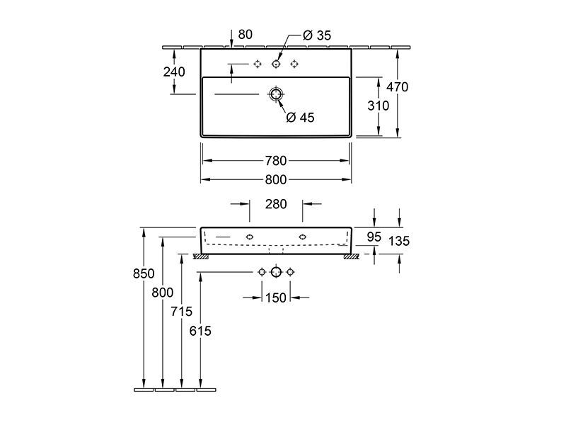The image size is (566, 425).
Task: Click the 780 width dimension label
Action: click(x=276, y=161)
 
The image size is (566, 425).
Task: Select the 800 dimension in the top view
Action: click(x=276, y=180)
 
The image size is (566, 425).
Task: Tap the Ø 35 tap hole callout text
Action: click(x=317, y=35)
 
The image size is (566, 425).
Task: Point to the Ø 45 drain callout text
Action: click(x=300, y=118)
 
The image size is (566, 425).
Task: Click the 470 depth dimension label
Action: click(x=398, y=87)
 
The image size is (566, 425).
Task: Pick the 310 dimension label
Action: click(x=379, y=106)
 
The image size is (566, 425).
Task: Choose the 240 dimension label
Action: click(x=174, y=72)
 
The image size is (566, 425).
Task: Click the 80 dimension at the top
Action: click(x=246, y=35)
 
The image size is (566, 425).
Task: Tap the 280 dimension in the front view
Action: click(x=276, y=204)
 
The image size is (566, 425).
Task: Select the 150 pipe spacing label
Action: click(x=276, y=298)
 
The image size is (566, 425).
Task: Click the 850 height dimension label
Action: click(x=144, y=273)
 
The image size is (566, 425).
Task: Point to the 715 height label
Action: click(x=182, y=312)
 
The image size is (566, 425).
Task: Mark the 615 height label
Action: click(x=200, y=331)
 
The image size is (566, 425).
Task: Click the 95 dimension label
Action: click(x=374, y=237)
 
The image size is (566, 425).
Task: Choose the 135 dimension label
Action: click(x=399, y=241)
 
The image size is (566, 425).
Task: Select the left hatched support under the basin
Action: click(x=201, y=256)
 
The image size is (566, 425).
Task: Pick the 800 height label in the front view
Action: click(x=163, y=293)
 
